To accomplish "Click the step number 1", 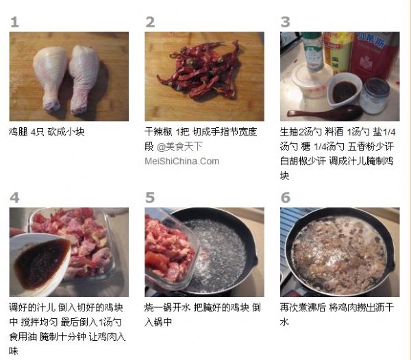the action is (x=14, y=22).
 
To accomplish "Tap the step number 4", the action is (x=14, y=198).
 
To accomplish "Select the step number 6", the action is (x=286, y=198).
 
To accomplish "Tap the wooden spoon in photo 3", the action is (x=325, y=112).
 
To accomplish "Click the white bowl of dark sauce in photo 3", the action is (x=344, y=90).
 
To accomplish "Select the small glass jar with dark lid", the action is (x=374, y=96).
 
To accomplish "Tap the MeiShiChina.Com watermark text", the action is (x=182, y=161).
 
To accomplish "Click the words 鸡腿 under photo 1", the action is (x=18, y=131).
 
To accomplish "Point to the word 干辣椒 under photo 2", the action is (x=159, y=131).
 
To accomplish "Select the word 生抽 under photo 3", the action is (x=289, y=131).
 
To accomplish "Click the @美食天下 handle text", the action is (x=179, y=146).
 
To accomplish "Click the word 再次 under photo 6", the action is (x=289, y=307).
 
